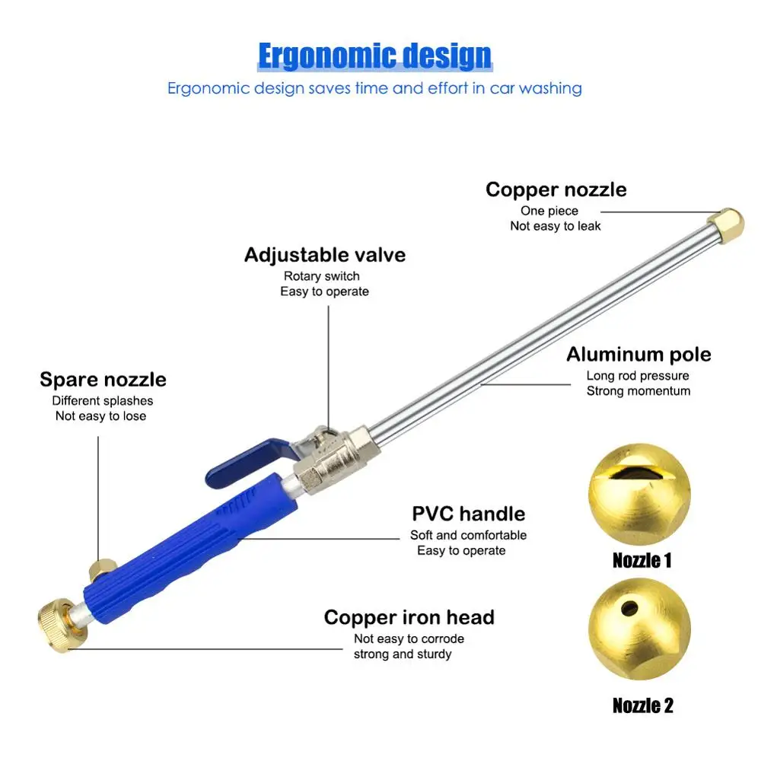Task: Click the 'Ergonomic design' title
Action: coord(374,56)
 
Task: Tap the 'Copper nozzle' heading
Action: coord(556,189)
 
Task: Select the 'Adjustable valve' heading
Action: coord(325,255)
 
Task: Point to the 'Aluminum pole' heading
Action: coord(638,355)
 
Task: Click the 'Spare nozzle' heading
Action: coord(103,379)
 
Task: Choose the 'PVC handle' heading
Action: coord(468,514)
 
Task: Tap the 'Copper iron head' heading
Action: coord(409,617)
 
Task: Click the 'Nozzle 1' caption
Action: coord(642,562)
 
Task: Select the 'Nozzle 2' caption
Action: coord(642,705)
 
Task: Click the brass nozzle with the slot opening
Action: coord(640,495)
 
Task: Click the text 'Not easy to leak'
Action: coord(556,226)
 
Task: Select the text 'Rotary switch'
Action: coord(321,276)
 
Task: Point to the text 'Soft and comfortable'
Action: coord(468,535)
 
